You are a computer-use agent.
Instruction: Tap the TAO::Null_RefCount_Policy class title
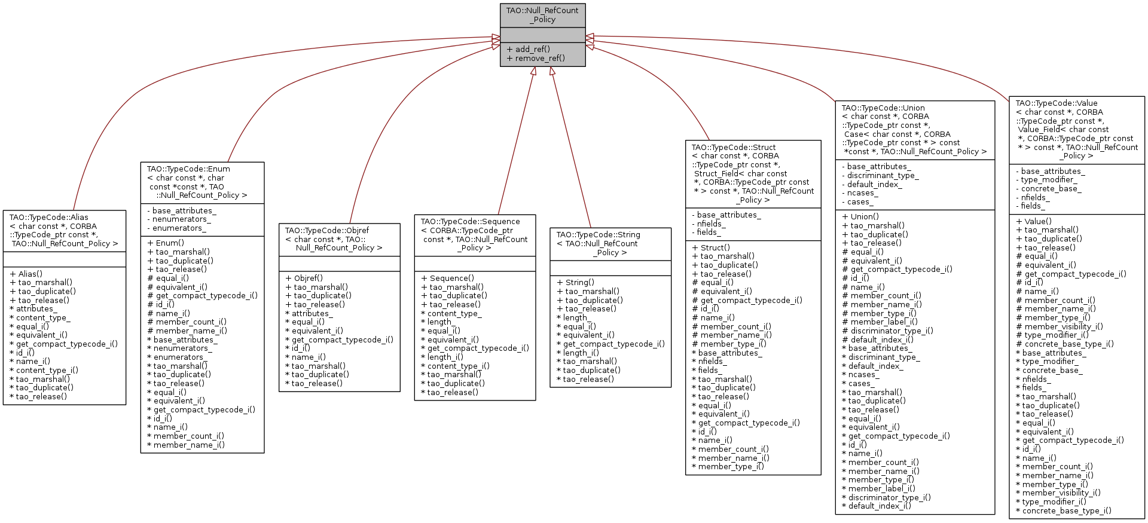(542, 15)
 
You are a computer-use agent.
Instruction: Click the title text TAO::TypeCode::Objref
(327, 230)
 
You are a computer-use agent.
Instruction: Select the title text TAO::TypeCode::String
(598, 234)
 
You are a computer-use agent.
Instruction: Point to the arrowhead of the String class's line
(552, 71)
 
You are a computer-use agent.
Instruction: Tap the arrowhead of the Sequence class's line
(533, 71)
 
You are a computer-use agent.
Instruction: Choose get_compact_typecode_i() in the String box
(613, 344)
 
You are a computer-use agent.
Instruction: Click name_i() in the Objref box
(309, 357)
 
